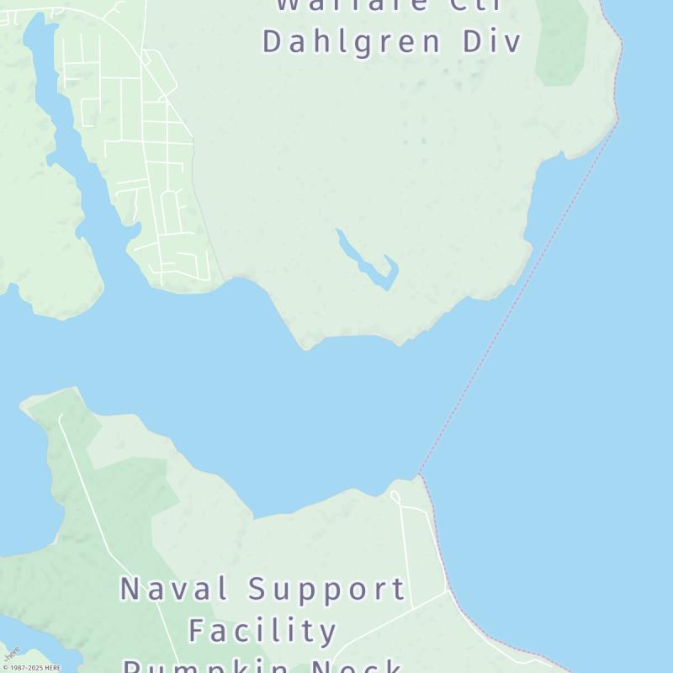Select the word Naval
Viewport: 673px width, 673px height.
tap(169, 589)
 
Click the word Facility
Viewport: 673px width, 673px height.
tap(262, 630)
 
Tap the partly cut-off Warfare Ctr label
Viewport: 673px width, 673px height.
tap(389, 5)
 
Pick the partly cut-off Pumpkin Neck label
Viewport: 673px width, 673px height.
tap(262, 666)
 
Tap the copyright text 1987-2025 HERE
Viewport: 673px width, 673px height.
tap(31, 668)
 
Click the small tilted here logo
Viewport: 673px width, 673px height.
tap(11, 653)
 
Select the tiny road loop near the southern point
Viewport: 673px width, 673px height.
tap(395, 497)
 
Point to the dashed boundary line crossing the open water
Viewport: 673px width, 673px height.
tap(522, 294)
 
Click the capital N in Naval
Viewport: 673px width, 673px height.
tap(130, 589)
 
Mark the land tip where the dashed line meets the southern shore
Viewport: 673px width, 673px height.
tap(420, 476)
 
